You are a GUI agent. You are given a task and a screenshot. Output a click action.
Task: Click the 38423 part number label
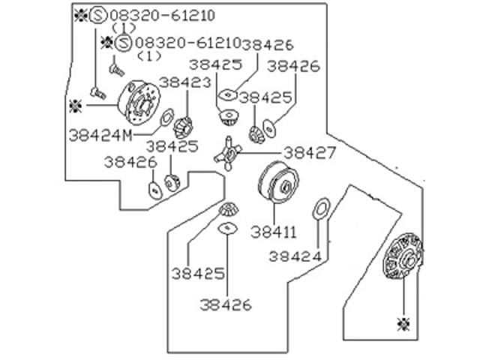pyautogui.click(x=185, y=83)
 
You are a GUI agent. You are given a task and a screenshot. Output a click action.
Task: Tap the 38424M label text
pyautogui.click(x=101, y=135)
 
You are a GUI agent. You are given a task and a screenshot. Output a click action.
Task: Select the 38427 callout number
pyautogui.click(x=310, y=152)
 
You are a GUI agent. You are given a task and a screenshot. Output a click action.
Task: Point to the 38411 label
pyautogui.click(x=274, y=232)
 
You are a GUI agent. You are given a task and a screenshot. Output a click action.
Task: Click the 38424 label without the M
pyautogui.click(x=295, y=256)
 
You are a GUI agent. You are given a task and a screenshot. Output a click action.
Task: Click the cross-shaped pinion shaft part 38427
pyautogui.click(x=228, y=153)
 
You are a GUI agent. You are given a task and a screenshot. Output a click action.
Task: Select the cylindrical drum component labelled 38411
pyautogui.click(x=278, y=182)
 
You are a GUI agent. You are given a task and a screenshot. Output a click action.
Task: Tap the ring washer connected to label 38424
pyautogui.click(x=320, y=208)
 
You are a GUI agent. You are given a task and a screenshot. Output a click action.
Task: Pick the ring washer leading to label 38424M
pyautogui.click(x=167, y=117)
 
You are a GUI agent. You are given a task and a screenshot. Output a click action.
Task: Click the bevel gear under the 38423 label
pyautogui.click(x=183, y=127)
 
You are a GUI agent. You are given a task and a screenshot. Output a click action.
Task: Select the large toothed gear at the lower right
pyautogui.click(x=403, y=256)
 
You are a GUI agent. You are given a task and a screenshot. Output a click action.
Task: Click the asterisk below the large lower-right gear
pyautogui.click(x=403, y=324)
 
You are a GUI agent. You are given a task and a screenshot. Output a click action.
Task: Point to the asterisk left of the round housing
pyautogui.click(x=75, y=106)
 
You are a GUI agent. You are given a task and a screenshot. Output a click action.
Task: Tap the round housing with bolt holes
pyautogui.click(x=139, y=103)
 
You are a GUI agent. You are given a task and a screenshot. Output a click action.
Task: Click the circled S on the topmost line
pyautogui.click(x=98, y=15)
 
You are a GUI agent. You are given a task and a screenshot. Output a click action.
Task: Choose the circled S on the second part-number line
pyautogui.click(x=124, y=43)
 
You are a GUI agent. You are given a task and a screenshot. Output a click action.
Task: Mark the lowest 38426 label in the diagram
pyautogui.click(x=226, y=305)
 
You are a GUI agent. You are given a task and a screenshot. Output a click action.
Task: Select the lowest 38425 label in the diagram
pyautogui.click(x=198, y=274)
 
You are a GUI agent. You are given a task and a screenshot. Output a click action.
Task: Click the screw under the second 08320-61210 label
pyautogui.click(x=117, y=70)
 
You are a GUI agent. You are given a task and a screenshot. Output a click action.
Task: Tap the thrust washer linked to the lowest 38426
pyautogui.click(x=228, y=228)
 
